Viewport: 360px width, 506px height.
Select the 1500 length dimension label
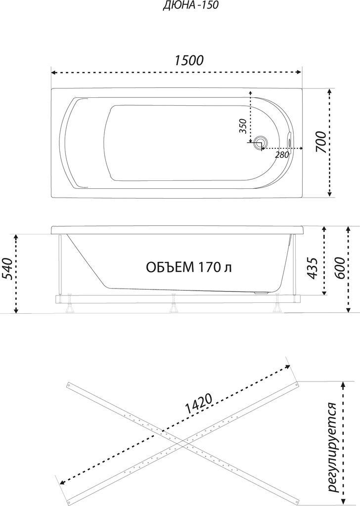click(189, 60)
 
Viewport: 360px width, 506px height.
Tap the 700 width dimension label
click(320, 142)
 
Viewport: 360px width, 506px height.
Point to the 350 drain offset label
click(243, 126)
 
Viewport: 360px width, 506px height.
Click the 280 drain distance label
click(282, 155)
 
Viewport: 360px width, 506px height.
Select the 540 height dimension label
click(8, 269)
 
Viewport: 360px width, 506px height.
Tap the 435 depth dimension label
click(313, 267)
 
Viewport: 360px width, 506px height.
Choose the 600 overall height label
click(340, 268)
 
